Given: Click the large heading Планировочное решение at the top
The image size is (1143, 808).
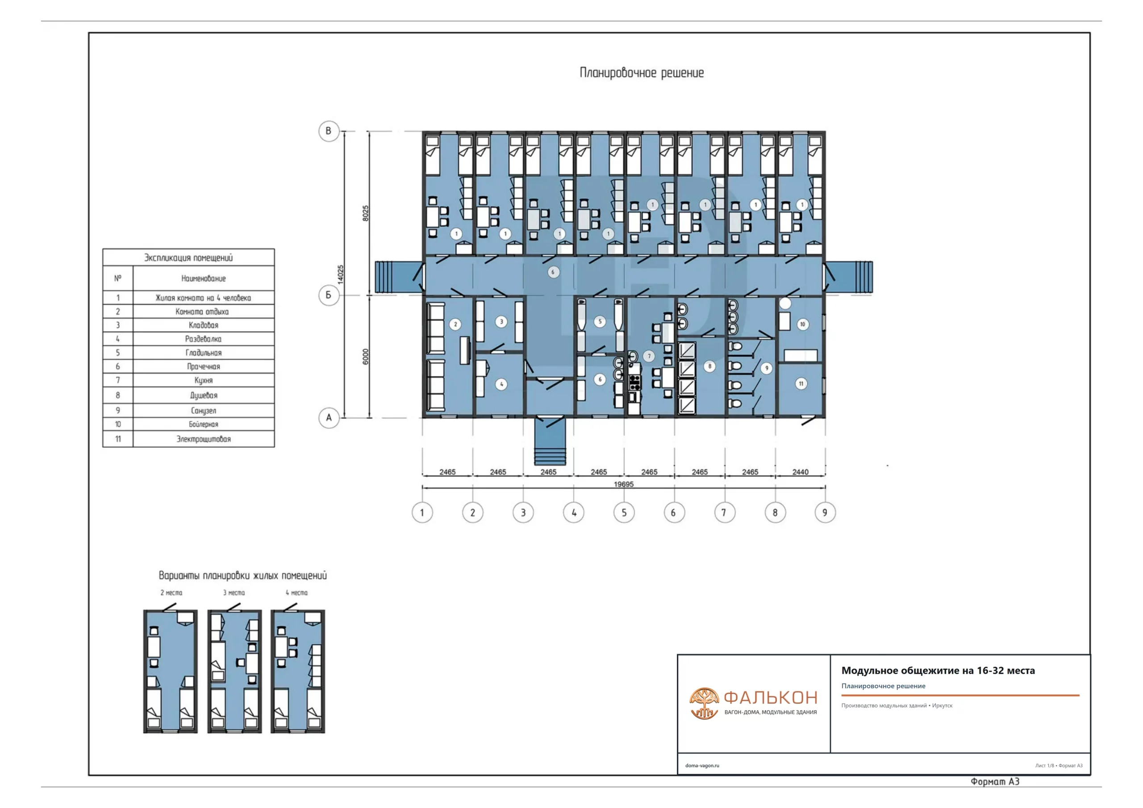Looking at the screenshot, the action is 642,73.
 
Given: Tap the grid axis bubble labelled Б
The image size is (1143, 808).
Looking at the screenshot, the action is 329,295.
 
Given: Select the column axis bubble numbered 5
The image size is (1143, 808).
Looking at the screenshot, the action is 624,512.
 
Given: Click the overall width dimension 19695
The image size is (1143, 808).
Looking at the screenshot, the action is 624,484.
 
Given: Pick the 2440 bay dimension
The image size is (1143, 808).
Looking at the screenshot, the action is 801,471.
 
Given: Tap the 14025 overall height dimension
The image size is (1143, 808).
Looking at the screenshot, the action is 341,274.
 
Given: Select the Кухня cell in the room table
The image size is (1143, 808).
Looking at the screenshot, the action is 204,380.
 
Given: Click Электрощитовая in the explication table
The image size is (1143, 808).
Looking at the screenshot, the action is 204,439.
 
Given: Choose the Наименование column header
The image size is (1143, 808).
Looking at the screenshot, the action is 204,278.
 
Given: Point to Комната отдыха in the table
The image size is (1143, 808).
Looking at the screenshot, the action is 202,312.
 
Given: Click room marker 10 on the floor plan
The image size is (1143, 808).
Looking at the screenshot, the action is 802,324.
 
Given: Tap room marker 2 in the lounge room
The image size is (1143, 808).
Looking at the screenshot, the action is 455,324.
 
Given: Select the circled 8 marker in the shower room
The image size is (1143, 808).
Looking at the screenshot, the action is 710,367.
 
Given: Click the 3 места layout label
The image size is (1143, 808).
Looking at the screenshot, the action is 234,592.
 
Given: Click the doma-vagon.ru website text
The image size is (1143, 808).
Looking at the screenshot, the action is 702,766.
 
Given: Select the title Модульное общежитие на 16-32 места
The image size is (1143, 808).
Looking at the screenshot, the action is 938,671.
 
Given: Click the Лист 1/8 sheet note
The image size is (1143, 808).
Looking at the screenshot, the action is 1044,766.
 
